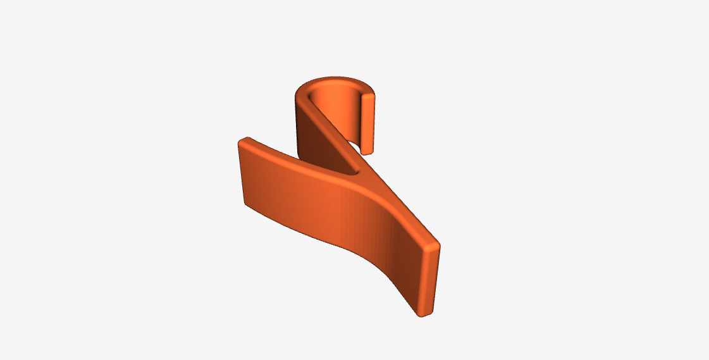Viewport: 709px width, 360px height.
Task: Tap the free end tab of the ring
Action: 368,123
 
